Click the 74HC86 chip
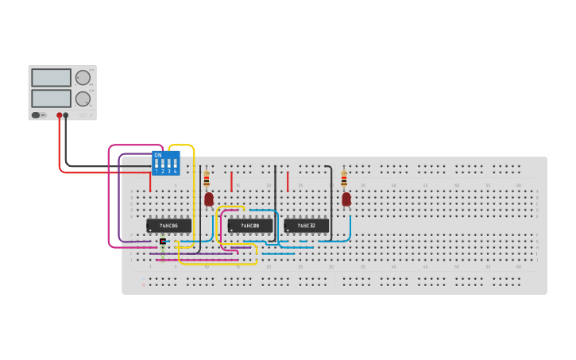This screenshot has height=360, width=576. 168,226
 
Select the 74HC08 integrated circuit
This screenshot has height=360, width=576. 250,226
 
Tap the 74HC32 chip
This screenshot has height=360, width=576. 306,226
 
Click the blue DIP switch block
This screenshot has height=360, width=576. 166,163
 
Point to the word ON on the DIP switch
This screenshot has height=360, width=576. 158,155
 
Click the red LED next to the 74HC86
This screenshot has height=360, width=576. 209,199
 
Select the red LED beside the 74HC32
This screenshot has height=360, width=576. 346,199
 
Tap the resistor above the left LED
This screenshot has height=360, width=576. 207,180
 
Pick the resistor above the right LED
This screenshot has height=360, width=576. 344,180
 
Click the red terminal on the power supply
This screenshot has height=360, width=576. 59,115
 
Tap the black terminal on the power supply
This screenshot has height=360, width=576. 66,115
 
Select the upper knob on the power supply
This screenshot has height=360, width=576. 83,77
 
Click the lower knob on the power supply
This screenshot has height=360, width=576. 83,99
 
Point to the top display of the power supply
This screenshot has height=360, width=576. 51,78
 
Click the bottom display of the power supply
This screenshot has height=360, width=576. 51,99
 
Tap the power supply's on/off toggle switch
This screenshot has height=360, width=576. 36,115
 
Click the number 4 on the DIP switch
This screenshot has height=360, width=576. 175,171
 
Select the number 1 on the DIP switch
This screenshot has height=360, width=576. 157,171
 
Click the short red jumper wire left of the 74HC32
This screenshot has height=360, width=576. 288,181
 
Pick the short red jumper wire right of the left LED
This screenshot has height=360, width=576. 231,182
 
